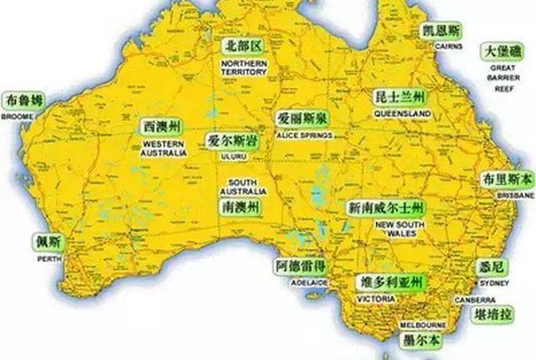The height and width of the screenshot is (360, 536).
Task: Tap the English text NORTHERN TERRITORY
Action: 245,67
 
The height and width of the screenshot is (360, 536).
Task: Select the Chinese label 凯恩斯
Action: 443,31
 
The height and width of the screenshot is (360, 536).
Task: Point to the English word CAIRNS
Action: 449,47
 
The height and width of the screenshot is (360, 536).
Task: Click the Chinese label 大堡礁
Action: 502,51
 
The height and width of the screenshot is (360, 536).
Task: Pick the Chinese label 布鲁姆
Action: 25,100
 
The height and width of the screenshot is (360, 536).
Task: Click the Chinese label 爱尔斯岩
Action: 231,141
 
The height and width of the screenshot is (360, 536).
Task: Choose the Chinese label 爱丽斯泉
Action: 302,119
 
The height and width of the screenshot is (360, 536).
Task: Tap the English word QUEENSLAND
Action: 403,113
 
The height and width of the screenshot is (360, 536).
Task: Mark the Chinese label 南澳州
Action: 240,208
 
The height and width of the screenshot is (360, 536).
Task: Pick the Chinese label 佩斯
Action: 47,242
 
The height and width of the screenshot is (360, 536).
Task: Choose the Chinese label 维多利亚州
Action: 391,283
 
